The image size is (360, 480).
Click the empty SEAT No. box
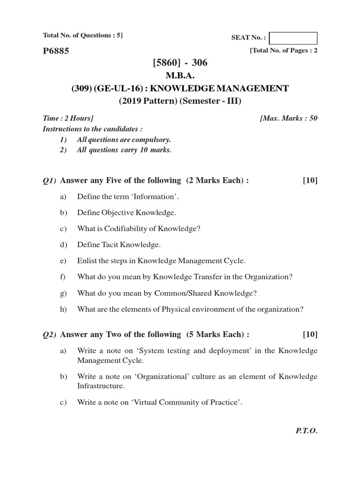[293, 38]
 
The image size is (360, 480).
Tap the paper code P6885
[56, 51]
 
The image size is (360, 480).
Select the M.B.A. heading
[180, 76]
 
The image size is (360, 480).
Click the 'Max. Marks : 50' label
[288, 118]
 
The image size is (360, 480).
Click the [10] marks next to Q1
[310, 180]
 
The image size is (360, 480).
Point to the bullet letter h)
[63, 309]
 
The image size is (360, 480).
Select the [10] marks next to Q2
[310, 334]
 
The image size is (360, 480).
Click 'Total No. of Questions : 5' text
[82, 35]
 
